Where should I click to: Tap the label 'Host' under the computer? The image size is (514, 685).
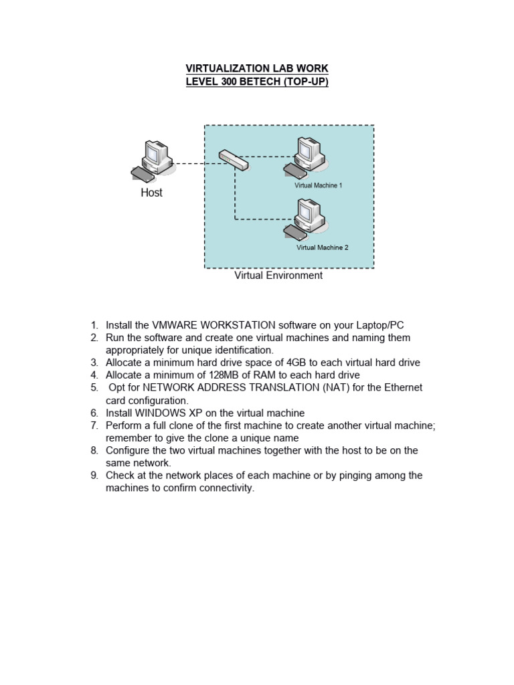point(151,193)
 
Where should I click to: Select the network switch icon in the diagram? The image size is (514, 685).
point(234,159)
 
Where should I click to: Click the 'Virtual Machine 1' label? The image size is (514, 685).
point(319,185)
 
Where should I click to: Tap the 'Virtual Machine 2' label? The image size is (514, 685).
point(322,248)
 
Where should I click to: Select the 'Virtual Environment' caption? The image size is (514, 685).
point(278,276)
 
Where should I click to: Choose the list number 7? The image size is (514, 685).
point(94,425)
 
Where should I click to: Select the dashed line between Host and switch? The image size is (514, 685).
point(194,163)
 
